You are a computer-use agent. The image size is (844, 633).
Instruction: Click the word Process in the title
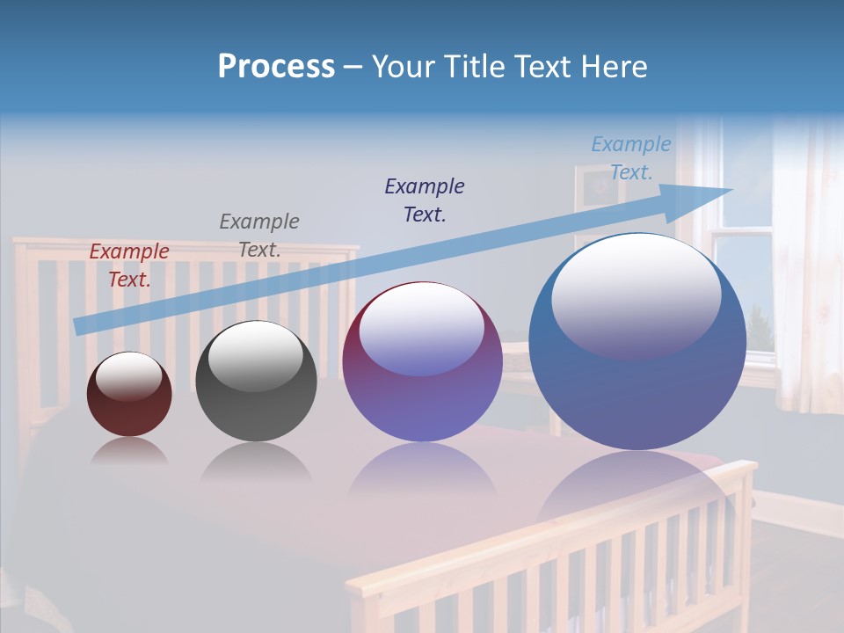(276, 67)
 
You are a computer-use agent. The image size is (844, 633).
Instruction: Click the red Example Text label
(129, 266)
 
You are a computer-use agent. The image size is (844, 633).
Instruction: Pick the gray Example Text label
(259, 236)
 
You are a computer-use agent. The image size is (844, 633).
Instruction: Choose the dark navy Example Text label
(425, 200)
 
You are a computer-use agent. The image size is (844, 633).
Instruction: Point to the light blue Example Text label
(631, 158)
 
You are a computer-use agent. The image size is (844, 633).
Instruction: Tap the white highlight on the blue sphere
(636, 295)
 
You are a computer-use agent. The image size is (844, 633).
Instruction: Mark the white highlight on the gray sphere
(256, 355)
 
